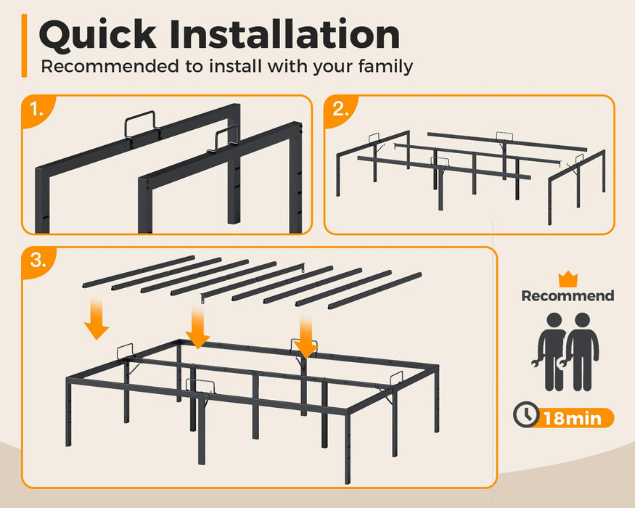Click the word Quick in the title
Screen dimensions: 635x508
click(97, 35)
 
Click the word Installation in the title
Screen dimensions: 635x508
click(284, 34)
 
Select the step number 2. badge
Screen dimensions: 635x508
click(340, 110)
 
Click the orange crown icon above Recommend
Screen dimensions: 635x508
click(568, 279)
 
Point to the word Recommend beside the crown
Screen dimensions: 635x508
click(568, 295)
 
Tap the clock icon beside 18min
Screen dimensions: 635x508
click(526, 414)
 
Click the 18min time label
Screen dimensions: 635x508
click(573, 419)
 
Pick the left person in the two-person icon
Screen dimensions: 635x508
click(552, 351)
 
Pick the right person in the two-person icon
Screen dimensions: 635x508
click(581, 351)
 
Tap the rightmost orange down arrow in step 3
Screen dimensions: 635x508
click(306, 337)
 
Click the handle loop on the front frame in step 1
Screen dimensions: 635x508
click(223, 140)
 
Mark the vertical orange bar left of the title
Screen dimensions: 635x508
click(24, 46)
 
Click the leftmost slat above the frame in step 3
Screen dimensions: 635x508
click(139, 272)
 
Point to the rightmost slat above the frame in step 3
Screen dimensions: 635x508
click(374, 291)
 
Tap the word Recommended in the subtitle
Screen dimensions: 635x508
click(110, 66)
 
